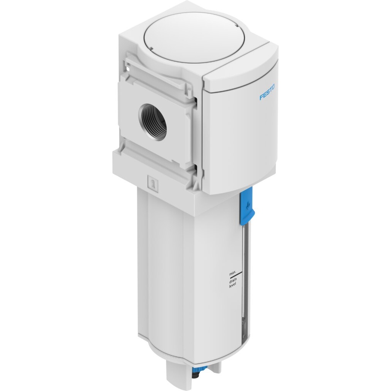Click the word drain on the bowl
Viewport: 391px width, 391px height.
[233, 281]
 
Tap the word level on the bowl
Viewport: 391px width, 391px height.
[233, 286]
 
